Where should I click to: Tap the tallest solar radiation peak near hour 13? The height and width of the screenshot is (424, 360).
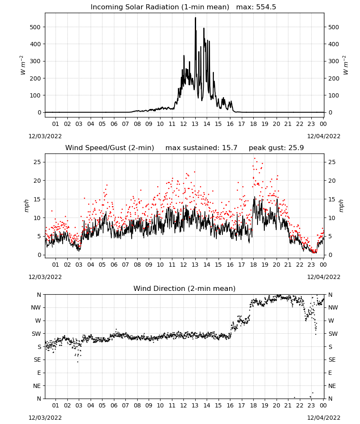(196, 18)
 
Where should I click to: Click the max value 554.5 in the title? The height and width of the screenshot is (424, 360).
(266, 7)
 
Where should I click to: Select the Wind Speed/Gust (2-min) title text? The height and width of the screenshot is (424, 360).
(110, 148)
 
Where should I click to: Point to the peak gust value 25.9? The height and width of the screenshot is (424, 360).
(296, 148)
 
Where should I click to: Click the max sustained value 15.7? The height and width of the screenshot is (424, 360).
(230, 148)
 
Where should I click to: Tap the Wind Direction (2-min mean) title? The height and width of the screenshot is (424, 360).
(185, 288)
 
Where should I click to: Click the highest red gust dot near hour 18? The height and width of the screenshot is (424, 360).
(255, 159)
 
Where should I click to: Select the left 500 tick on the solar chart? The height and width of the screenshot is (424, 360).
(36, 27)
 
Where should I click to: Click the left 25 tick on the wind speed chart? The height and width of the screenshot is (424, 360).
(37, 162)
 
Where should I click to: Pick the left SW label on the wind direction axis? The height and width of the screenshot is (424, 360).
(36, 334)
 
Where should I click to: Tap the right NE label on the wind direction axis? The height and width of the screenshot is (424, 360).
(332, 386)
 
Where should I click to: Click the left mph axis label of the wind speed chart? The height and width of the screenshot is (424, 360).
(26, 206)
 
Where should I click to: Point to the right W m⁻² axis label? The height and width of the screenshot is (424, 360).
(345, 65)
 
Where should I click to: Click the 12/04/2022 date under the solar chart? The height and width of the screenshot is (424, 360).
(324, 136)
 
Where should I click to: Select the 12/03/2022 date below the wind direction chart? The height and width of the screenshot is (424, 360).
(45, 418)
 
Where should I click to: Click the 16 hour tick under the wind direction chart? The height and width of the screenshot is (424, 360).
(230, 405)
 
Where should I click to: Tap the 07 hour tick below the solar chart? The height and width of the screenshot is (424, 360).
(125, 124)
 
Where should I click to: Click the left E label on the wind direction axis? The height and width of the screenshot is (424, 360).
(39, 373)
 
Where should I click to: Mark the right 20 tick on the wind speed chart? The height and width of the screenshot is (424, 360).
(332, 181)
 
